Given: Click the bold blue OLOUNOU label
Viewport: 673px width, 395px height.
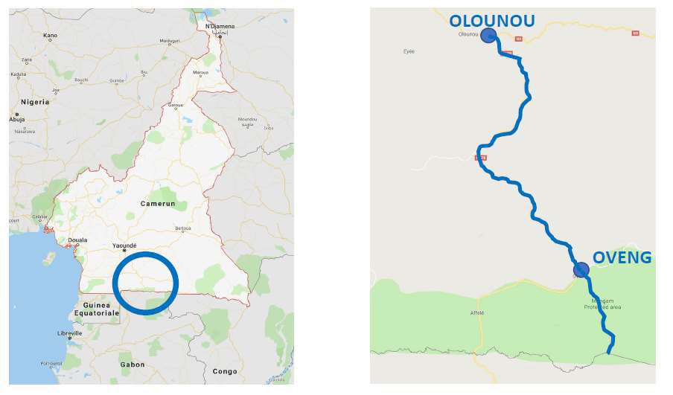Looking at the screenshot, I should (x=491, y=20).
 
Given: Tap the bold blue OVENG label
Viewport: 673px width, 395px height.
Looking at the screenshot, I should (x=622, y=258).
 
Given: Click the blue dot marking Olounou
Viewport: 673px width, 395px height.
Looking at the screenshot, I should (x=488, y=35).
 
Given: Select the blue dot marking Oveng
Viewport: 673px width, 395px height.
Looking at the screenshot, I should (x=581, y=269).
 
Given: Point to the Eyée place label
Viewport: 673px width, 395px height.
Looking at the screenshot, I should (x=409, y=51).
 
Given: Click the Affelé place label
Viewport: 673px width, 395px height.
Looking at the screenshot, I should (x=476, y=312).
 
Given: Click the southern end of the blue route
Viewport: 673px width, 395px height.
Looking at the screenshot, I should (x=609, y=353).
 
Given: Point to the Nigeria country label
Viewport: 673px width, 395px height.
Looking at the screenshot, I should (x=35, y=102).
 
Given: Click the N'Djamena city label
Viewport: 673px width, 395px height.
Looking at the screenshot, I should (x=220, y=27).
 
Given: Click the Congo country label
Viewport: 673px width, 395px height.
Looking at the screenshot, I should (x=224, y=370).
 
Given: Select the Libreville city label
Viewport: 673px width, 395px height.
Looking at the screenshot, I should (x=70, y=333).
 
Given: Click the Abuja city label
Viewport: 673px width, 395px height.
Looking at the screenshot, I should (x=16, y=119).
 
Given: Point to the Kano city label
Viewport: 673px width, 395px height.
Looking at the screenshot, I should (x=51, y=35).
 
